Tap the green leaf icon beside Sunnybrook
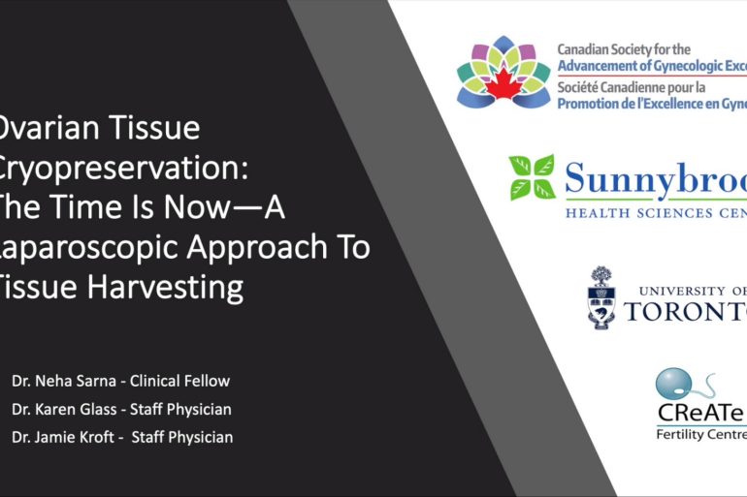532,177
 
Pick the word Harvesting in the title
162,289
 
